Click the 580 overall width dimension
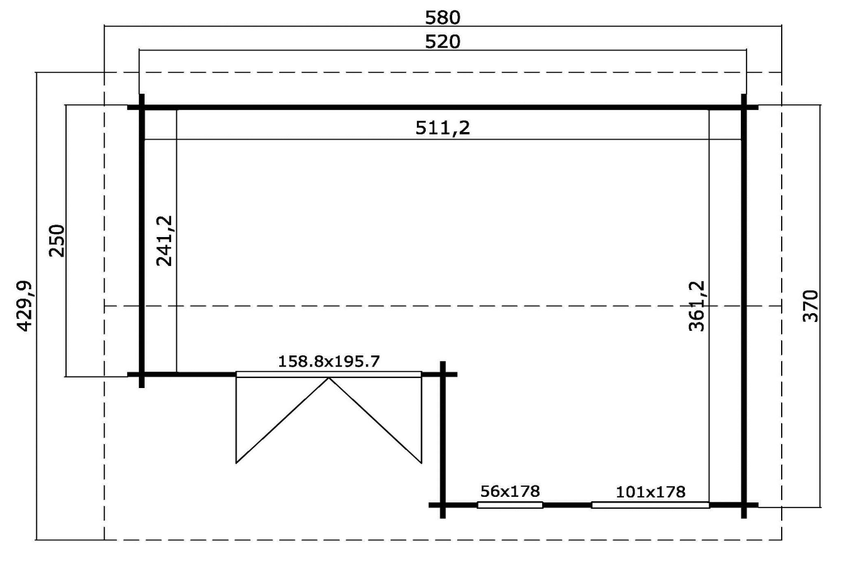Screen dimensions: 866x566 443,18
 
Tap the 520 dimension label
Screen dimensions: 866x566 443,42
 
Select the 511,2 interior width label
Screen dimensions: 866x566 443,128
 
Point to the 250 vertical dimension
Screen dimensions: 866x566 57,240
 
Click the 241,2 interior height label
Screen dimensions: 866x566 164,240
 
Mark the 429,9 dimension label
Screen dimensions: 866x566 25,306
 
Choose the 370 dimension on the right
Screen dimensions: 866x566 811,306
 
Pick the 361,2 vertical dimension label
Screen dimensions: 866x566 697,306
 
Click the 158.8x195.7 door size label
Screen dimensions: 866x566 329,362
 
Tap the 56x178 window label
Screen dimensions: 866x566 510,491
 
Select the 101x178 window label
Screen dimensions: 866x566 651,492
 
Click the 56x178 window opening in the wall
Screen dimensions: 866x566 510,505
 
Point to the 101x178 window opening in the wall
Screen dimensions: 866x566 651,505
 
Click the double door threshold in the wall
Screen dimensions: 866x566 329,374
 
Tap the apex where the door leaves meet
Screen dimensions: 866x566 329,378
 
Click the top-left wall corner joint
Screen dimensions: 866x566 142,108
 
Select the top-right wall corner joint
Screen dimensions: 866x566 744,108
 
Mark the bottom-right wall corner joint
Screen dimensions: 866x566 744,505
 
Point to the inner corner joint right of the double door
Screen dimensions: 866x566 443,374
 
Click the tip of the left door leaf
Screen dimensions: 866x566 236,463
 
